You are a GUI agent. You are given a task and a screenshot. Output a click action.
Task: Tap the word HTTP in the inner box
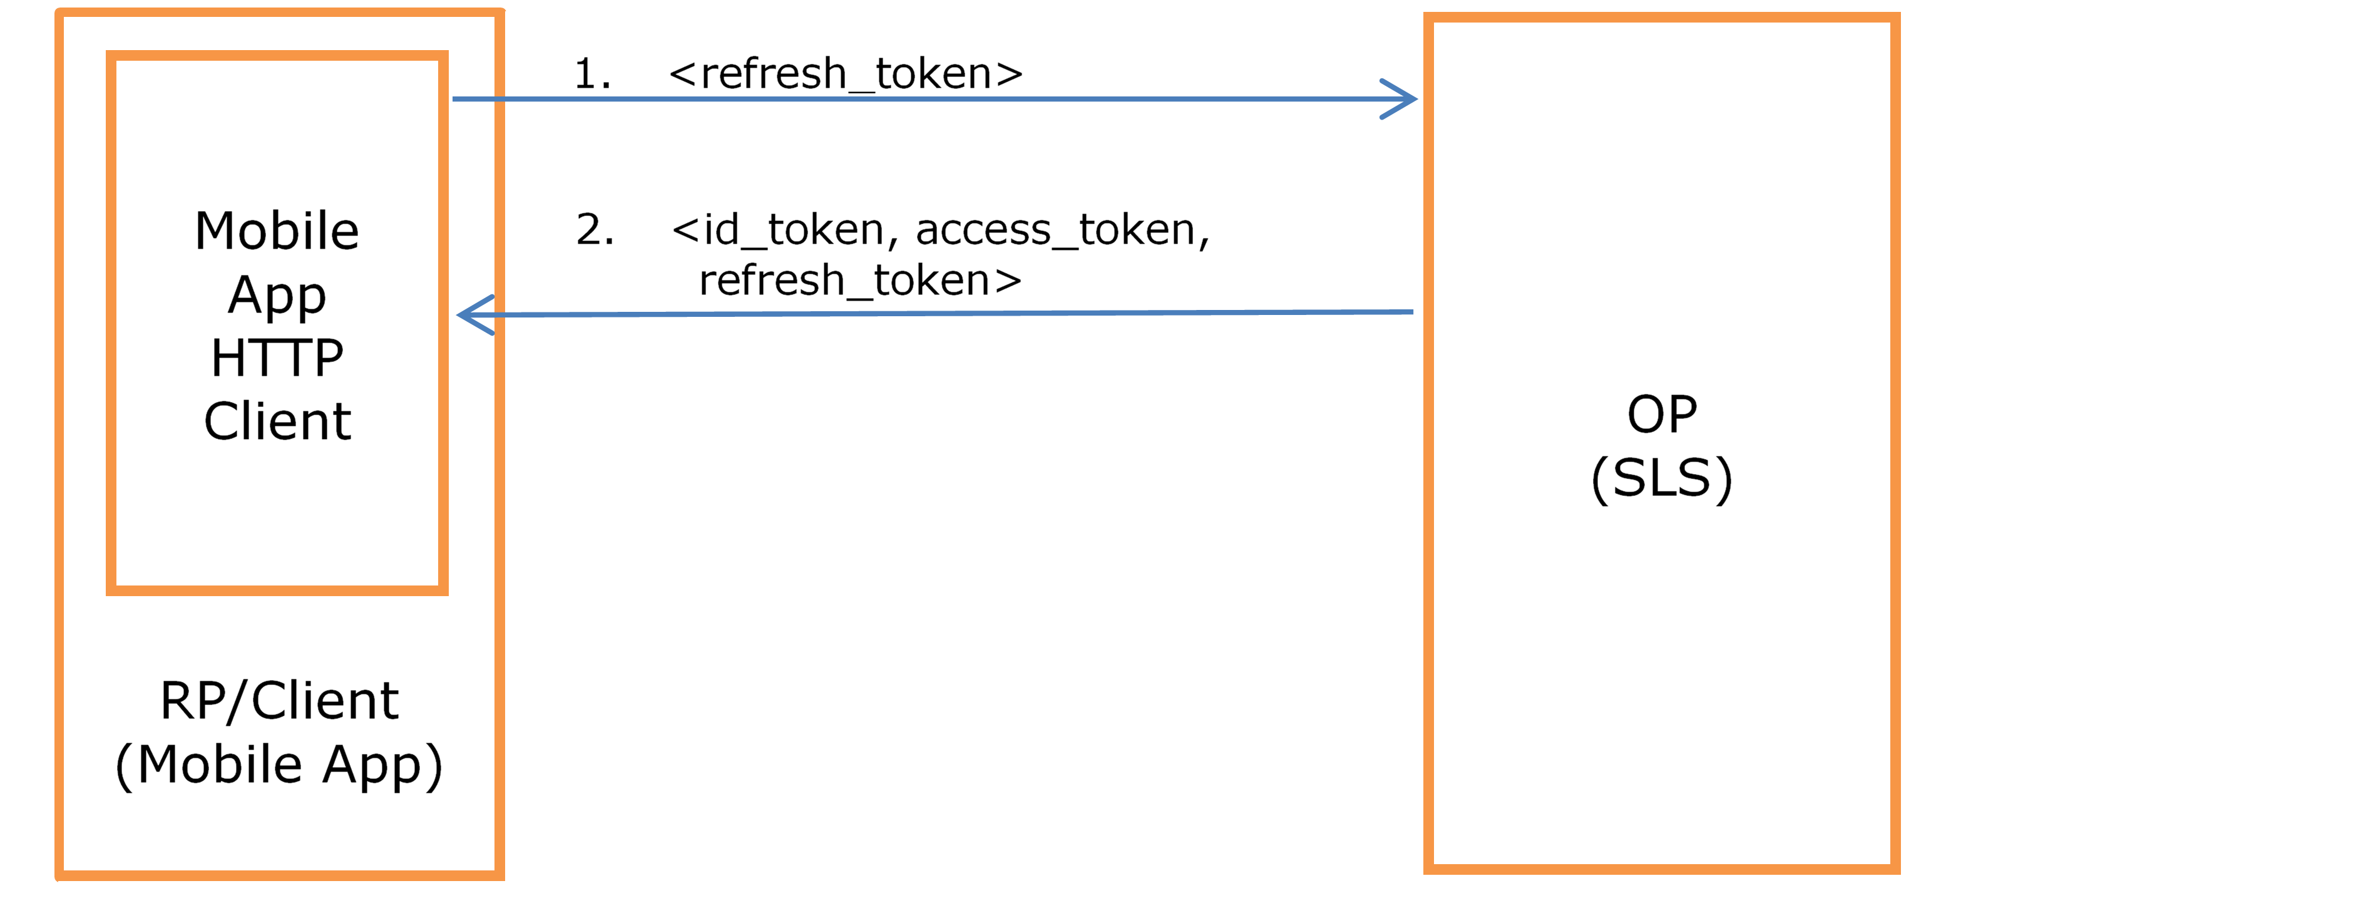click(277, 358)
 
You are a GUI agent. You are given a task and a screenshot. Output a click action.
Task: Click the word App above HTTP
click(277, 296)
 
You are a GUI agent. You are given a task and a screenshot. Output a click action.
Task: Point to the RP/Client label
click(279, 701)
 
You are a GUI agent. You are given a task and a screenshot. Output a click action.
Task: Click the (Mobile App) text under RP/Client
click(279, 765)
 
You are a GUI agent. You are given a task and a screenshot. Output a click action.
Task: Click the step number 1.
click(592, 73)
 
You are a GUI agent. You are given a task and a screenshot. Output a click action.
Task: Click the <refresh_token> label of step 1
click(846, 73)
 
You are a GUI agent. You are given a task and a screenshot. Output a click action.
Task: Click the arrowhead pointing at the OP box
click(1400, 99)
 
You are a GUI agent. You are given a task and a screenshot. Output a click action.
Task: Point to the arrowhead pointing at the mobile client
click(476, 315)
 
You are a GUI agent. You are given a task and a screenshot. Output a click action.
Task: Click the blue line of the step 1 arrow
click(934, 99)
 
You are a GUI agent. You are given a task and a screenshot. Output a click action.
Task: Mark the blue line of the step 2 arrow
click(935, 313)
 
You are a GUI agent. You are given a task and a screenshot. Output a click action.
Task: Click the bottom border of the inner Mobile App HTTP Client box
click(277, 590)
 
